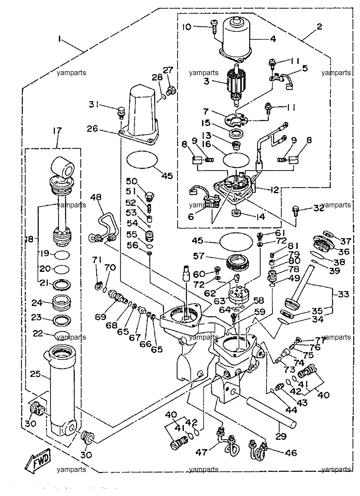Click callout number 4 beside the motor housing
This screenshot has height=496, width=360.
coord(273,39)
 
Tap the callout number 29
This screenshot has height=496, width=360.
coord(281,436)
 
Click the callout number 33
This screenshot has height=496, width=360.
coord(343,294)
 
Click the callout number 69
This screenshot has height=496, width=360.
coord(100,317)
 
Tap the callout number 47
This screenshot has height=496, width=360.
coord(201,453)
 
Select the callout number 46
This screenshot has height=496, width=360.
coord(291,453)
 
